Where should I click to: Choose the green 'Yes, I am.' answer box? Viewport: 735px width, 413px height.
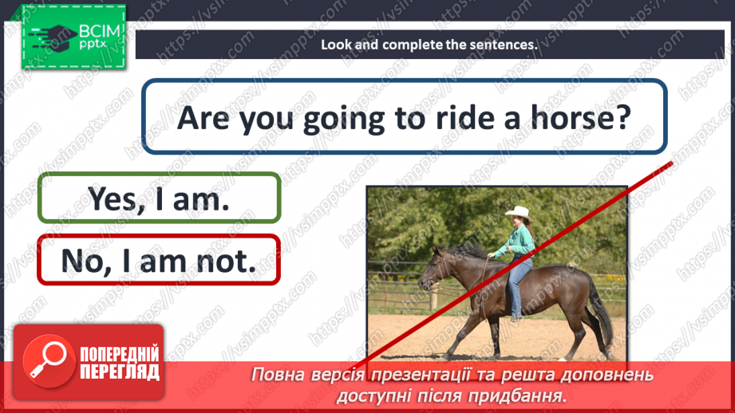tap(159, 198)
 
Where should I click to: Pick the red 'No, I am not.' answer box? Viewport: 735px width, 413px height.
tap(159, 259)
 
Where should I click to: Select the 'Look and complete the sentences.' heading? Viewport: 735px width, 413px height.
tap(429, 45)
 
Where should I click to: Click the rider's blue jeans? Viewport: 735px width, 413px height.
tap(520, 279)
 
